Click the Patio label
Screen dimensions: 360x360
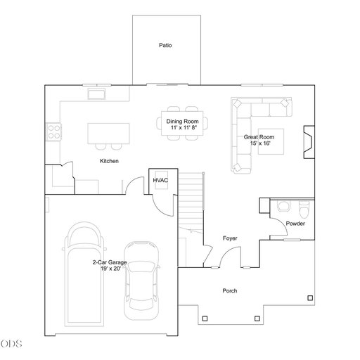(165, 45)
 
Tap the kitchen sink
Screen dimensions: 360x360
(96, 94)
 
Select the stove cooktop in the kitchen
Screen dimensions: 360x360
(54, 132)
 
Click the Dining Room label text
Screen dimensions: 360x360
(182, 122)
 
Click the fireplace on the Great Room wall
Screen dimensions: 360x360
(309, 142)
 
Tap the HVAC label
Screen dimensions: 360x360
(160, 180)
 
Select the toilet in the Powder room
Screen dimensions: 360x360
(304, 209)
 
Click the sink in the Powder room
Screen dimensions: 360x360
(283, 206)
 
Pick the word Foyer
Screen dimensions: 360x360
(230, 238)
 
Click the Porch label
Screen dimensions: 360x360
(230, 291)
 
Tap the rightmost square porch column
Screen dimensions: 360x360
(310, 298)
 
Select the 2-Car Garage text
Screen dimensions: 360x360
(110, 262)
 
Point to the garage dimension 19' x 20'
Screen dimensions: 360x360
(110, 269)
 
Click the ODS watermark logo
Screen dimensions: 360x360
(11, 344)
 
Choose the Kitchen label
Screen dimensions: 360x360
(109, 161)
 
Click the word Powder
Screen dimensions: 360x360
(295, 224)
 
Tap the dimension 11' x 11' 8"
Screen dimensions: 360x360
(184, 128)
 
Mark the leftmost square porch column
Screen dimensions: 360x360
(205, 319)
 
